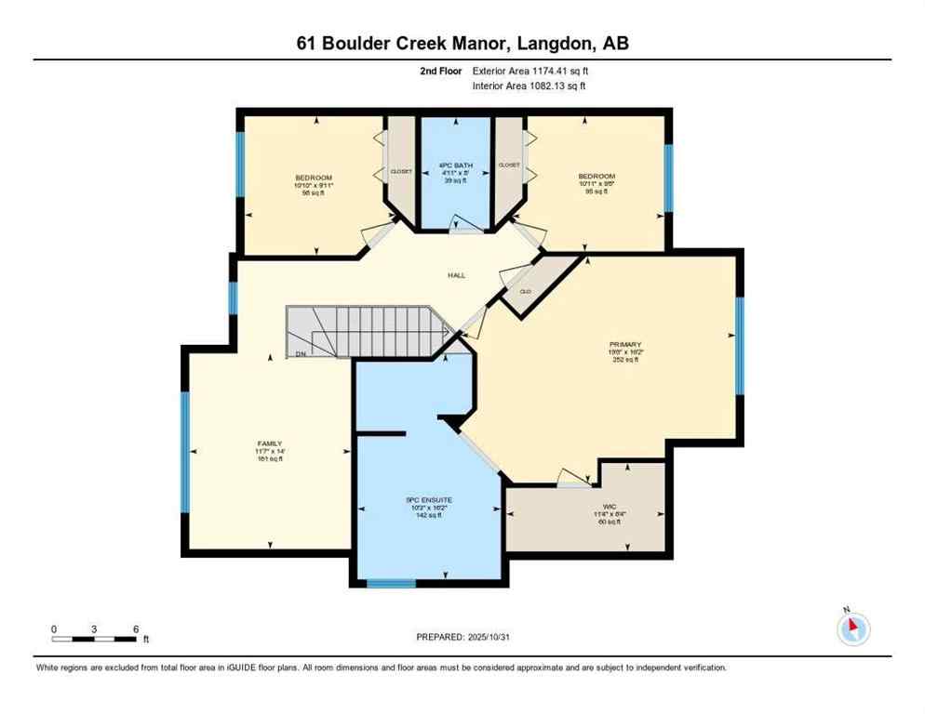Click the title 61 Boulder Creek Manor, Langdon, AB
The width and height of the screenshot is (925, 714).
462,44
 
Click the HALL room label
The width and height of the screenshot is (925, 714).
456,275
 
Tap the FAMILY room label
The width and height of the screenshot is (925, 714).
270,443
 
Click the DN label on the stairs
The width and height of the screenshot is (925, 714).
300,353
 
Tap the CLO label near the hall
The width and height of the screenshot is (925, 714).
525,291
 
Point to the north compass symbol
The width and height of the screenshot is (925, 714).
852,628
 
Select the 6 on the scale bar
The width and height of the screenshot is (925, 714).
136,628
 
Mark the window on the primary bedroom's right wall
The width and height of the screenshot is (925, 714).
741,346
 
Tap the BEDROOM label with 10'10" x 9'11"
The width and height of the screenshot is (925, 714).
314,177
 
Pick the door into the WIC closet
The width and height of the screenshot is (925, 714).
573,479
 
